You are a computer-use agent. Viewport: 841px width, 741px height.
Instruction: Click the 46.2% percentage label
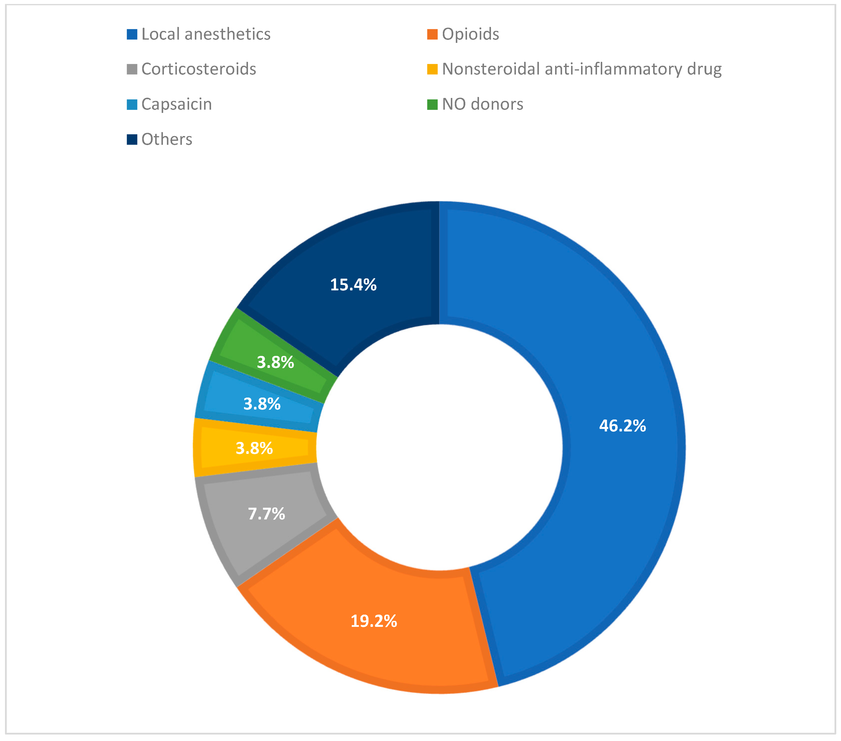pos(622,426)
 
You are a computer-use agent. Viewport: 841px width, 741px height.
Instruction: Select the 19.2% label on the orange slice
pos(373,621)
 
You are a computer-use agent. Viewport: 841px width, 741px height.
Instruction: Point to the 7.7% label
pos(266,514)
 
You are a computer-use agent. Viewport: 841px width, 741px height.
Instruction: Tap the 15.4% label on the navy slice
pos(353,285)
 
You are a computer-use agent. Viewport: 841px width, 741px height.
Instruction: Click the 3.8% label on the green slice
pos(275,362)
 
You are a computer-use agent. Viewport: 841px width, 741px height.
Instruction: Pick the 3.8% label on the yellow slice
pos(254,448)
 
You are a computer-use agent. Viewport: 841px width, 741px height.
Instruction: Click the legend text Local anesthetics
pos(206,34)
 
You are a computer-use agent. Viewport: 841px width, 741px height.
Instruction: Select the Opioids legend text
pos(470,34)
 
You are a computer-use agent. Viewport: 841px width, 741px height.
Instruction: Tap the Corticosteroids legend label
pos(199,69)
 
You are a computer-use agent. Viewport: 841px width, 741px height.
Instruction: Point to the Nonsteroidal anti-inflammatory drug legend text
pos(581,69)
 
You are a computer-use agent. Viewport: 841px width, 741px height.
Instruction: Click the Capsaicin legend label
pos(177,104)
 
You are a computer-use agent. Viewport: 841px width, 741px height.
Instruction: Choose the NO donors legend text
pos(483,104)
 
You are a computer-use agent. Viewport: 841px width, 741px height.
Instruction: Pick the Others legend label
pos(167,139)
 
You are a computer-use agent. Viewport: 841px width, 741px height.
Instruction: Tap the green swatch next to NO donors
pos(432,105)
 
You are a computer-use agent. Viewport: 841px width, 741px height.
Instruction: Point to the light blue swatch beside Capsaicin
pos(132,105)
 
